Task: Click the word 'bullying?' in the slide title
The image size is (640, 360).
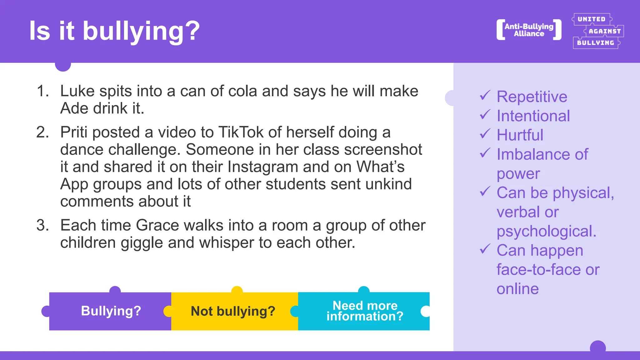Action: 141,31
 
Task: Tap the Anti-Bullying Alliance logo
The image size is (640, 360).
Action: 529,30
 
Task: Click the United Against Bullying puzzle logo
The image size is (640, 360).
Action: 597,31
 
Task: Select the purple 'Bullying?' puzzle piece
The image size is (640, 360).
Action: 111,311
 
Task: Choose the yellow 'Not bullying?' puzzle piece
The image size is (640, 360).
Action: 233,311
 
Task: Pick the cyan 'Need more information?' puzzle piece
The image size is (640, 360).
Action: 364,311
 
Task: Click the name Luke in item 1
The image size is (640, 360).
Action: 77,91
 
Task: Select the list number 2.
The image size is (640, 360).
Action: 43,132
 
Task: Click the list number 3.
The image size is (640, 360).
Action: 43,225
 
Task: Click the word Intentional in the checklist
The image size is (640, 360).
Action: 533,116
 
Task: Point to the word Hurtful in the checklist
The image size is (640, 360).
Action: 520,135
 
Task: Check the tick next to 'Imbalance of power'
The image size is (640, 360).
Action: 485,153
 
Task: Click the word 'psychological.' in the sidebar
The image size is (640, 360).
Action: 546,231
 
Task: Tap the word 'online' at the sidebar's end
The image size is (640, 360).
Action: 517,289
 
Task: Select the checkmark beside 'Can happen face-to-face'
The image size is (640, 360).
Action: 485,249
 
